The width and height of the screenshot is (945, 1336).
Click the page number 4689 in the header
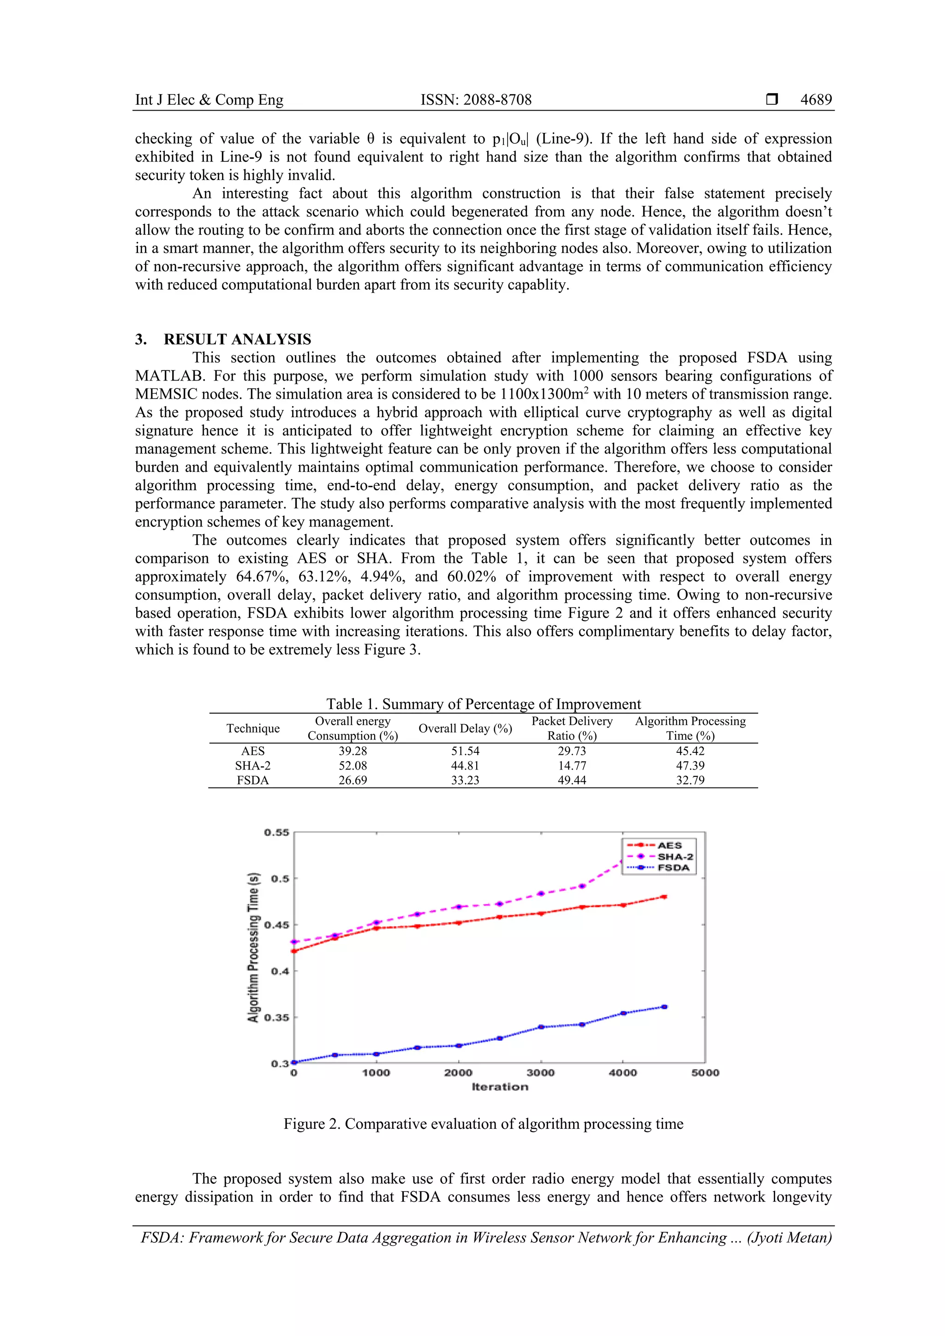[x=816, y=100]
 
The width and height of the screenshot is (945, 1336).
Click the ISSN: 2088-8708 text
[x=476, y=100]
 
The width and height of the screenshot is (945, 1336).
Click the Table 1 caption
[x=483, y=704]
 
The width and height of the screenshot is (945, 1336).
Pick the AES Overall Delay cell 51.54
[x=465, y=751]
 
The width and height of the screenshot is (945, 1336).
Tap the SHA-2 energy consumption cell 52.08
[x=353, y=766]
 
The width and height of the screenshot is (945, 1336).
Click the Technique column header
[x=253, y=728]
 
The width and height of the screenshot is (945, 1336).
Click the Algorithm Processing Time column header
[x=690, y=728]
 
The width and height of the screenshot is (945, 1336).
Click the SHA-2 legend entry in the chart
[x=675, y=857]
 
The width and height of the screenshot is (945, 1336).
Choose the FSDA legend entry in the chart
[x=673, y=868]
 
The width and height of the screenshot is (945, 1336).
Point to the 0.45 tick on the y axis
[x=276, y=925]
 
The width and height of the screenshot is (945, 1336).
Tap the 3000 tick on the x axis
[x=541, y=1073]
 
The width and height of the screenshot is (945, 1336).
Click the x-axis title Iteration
[x=500, y=1087]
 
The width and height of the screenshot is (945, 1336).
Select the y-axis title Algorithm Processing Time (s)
[x=253, y=947]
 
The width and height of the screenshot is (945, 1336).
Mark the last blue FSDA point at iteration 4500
[x=664, y=1007]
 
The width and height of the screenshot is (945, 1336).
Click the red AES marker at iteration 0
[x=294, y=951]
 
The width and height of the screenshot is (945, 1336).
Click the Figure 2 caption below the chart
[x=483, y=1124]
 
